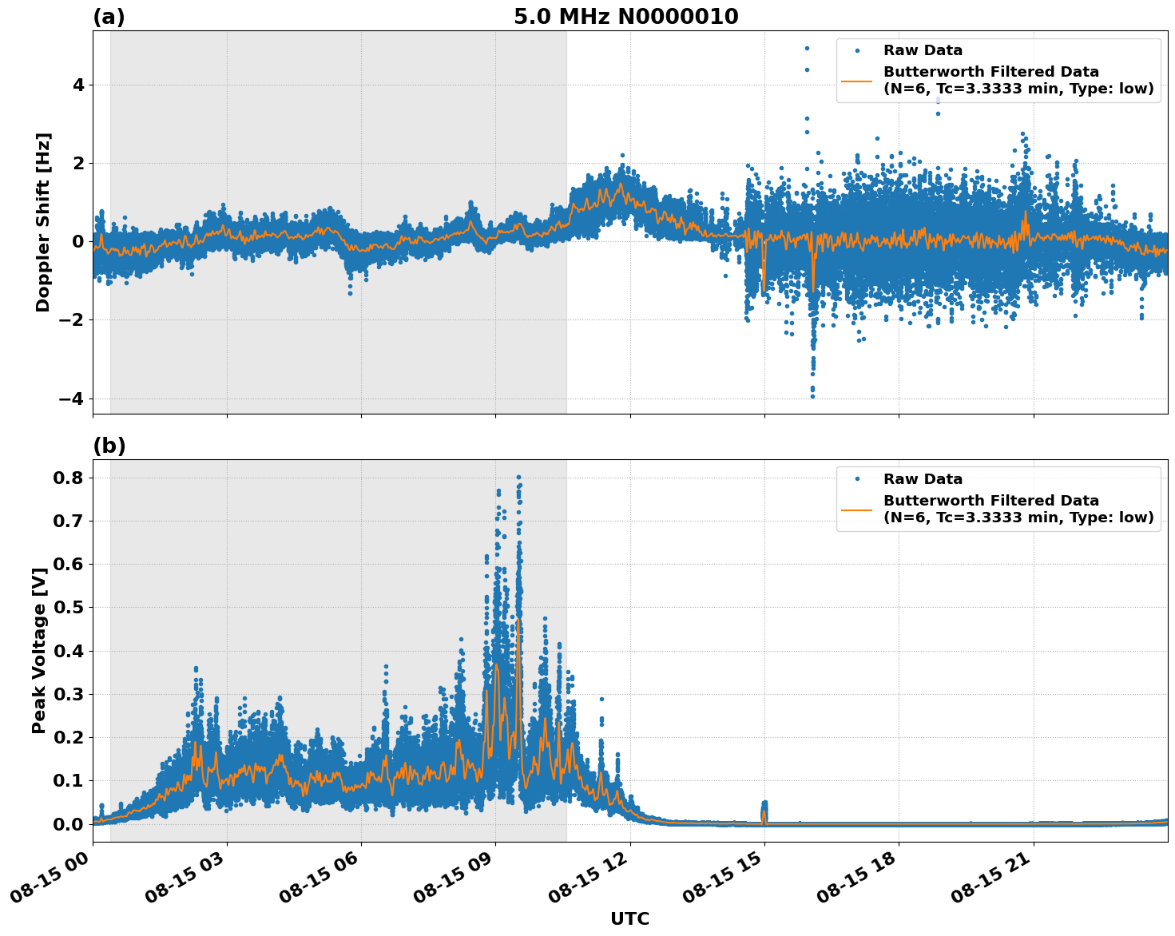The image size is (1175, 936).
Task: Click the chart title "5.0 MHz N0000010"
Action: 625,17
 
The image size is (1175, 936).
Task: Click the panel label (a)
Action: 109,17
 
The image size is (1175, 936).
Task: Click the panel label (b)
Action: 109,446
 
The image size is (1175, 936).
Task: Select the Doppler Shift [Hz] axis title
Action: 43,222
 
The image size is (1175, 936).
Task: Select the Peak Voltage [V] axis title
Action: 39,650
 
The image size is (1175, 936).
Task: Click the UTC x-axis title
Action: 629,918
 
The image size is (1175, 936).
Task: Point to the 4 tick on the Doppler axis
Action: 78,85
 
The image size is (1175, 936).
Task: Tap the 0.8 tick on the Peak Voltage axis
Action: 69,478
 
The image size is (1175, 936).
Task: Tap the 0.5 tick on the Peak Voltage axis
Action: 69,608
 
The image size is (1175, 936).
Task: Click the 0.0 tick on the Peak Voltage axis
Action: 69,824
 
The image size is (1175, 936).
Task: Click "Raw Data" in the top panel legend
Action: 923,50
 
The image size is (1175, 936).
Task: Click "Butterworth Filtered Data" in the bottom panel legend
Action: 990,501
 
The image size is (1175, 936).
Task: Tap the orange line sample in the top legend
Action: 856,81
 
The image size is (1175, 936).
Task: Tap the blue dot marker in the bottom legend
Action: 856,479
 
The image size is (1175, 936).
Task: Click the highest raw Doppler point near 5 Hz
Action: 807,48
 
